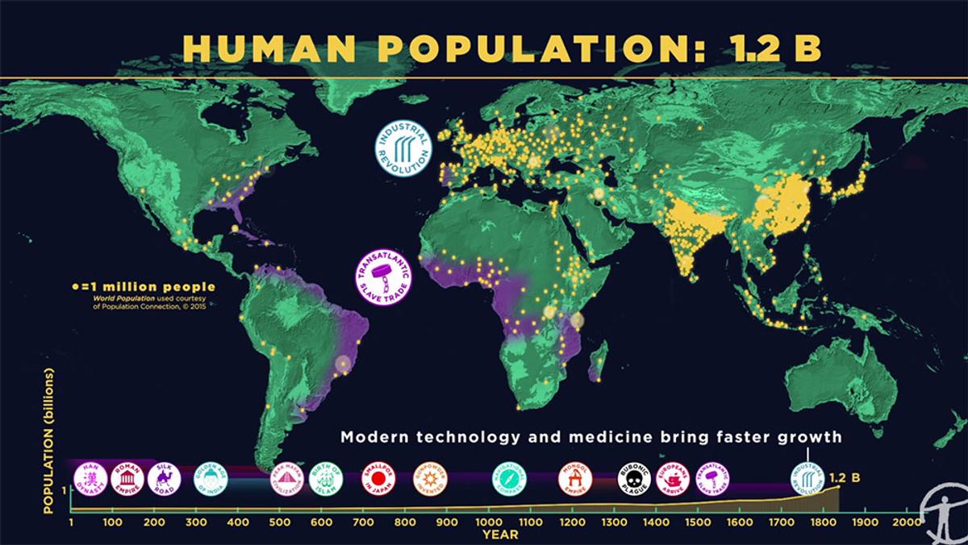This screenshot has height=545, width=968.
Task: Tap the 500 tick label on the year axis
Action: pyautogui.click(x=280, y=522)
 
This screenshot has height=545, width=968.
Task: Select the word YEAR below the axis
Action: pyautogui.click(x=494, y=534)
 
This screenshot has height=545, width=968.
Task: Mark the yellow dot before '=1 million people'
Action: pyautogui.click(x=75, y=285)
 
